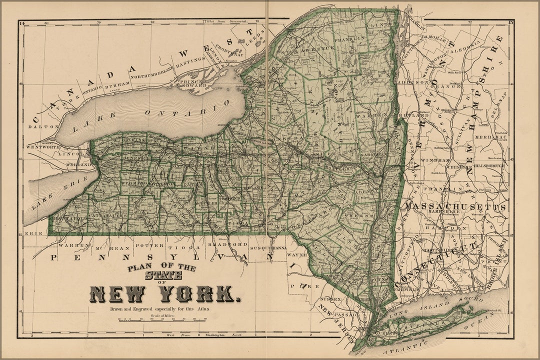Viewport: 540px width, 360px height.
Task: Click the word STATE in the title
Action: coord(162,275)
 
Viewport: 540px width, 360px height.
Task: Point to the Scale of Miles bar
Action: coord(162,319)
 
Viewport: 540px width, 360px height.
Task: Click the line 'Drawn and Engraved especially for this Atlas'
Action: coord(160,309)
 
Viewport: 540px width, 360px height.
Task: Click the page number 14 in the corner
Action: coord(21,23)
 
